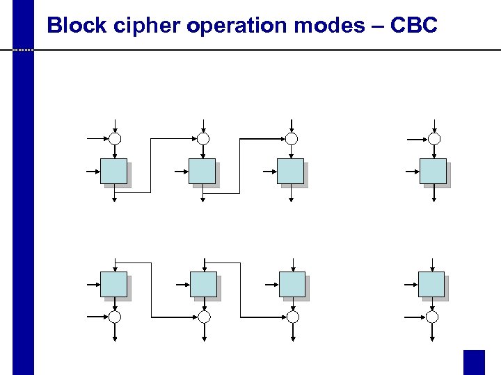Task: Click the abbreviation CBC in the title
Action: (x=414, y=26)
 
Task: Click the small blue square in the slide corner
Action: (x=474, y=362)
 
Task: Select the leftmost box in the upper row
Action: (x=114, y=172)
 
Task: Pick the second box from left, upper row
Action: (x=202, y=172)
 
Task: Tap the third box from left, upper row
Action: (x=291, y=172)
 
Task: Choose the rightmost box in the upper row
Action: (x=434, y=172)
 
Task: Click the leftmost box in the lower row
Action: (x=114, y=285)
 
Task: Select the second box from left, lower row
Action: (x=203, y=285)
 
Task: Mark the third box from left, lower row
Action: (x=292, y=285)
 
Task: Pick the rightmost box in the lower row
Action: (x=431, y=285)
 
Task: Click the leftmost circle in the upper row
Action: (x=115, y=139)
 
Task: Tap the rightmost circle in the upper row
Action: (x=434, y=139)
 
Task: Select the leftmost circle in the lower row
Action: (x=115, y=317)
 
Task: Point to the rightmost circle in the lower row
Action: (x=432, y=317)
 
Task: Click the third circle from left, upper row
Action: (x=292, y=139)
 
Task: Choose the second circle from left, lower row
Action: (x=204, y=317)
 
